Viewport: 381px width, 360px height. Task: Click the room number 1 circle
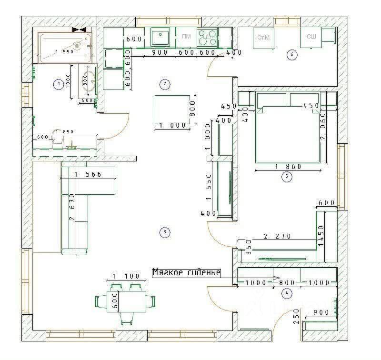coord(59,85)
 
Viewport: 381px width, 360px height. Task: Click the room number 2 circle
coord(164,84)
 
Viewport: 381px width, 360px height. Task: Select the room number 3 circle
coord(164,232)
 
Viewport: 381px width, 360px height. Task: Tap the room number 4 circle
coord(287,293)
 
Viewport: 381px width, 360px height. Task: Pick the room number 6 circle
coord(292,55)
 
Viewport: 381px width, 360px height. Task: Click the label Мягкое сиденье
coord(186,273)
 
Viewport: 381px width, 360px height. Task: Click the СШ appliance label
coord(311,37)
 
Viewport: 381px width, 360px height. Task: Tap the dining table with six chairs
coord(126,301)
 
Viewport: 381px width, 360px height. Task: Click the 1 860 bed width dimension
coord(289,167)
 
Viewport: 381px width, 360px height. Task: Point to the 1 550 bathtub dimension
coord(65,52)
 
